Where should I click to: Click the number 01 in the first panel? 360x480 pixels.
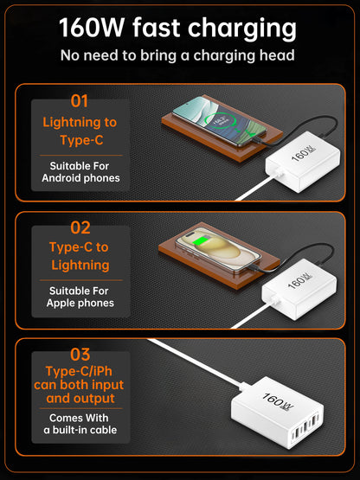[80, 101]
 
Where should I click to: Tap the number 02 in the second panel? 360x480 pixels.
[80, 228]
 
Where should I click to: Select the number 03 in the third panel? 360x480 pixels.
[80, 354]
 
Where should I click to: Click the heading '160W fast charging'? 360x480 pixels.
[179, 28]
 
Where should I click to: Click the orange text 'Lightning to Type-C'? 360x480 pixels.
[80, 131]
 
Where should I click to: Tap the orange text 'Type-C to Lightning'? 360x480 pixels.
[80, 256]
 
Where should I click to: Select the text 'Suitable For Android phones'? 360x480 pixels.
[80, 171]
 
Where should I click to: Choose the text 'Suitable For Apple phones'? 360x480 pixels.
[80, 297]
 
